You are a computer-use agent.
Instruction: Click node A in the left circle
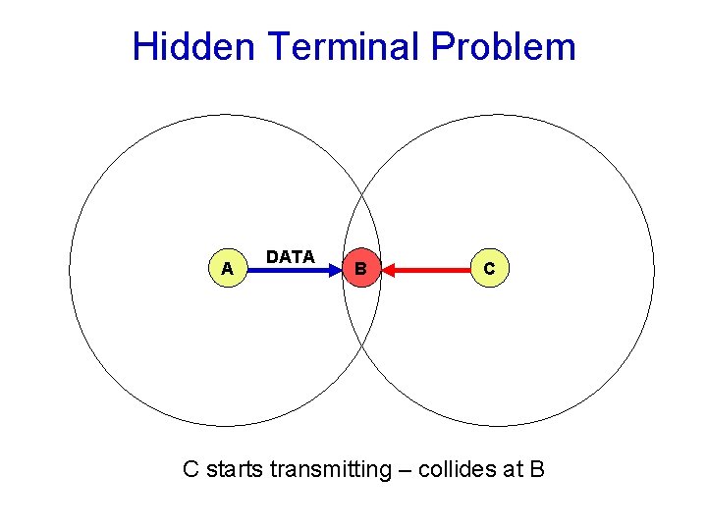[227, 268]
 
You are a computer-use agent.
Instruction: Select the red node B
[360, 268]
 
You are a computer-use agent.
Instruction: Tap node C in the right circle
[489, 268]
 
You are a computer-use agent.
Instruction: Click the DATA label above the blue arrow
[290, 256]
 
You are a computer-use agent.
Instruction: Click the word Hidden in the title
[192, 46]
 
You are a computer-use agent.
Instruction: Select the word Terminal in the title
[339, 46]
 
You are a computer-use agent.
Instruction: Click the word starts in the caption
[233, 469]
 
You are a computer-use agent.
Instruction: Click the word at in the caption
[514, 469]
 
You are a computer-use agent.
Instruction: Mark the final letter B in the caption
[536, 469]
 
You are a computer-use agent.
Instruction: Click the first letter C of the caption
[192, 469]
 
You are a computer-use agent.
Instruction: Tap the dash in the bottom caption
[404, 469]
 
